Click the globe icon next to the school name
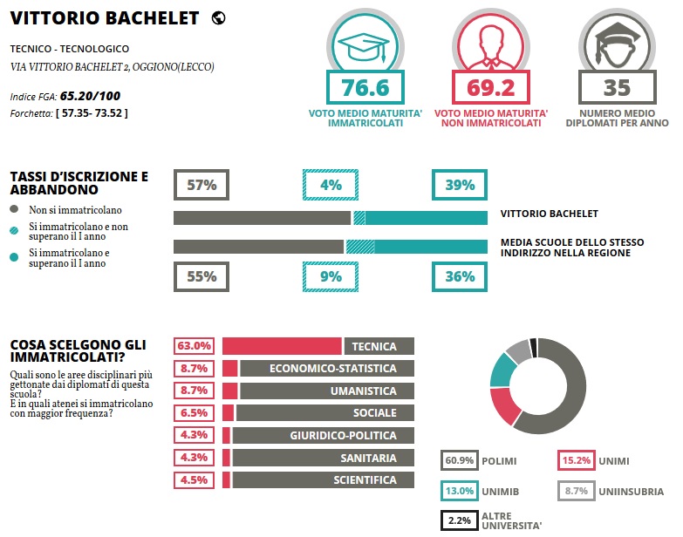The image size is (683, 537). coord(218,17)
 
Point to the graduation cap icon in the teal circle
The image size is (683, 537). coord(364,43)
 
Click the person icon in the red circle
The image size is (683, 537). coord(490,43)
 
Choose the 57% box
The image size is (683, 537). coord(201,185)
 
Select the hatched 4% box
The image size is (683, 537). coord(331,185)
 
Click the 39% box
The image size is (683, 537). coord(459,185)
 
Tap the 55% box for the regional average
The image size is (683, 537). coord(201,276)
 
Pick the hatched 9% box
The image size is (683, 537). coord(331,276)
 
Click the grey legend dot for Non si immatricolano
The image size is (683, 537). coord(14,209)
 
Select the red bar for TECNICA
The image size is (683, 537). coord(282,346)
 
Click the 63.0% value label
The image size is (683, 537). coord(195,346)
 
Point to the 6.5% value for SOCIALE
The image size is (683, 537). coord(195,413)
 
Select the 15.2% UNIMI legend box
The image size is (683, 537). coord(577,459)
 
